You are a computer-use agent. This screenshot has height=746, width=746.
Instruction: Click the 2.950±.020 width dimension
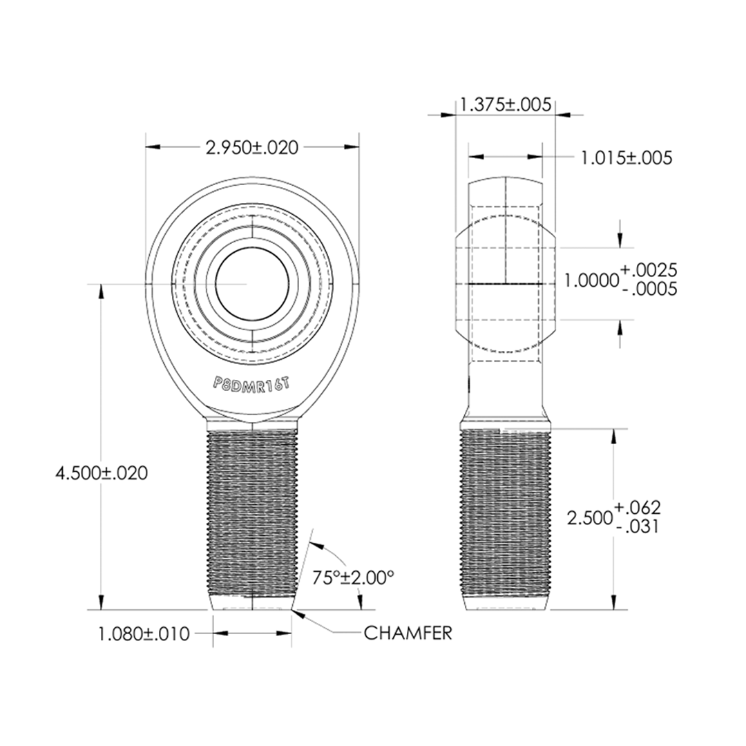251,148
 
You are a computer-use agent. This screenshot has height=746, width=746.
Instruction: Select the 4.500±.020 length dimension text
102,473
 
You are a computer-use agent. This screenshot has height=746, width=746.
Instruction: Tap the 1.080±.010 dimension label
144,633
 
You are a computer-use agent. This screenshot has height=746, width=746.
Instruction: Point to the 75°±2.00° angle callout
353,577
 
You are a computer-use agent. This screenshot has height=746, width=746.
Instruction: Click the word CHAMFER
408,633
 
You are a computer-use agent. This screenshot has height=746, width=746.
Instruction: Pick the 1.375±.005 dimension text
506,104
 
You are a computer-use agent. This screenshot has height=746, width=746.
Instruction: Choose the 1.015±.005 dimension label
627,157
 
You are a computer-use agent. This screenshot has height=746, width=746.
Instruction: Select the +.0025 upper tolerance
649,270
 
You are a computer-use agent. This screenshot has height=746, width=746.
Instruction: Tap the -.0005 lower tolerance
649,289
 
